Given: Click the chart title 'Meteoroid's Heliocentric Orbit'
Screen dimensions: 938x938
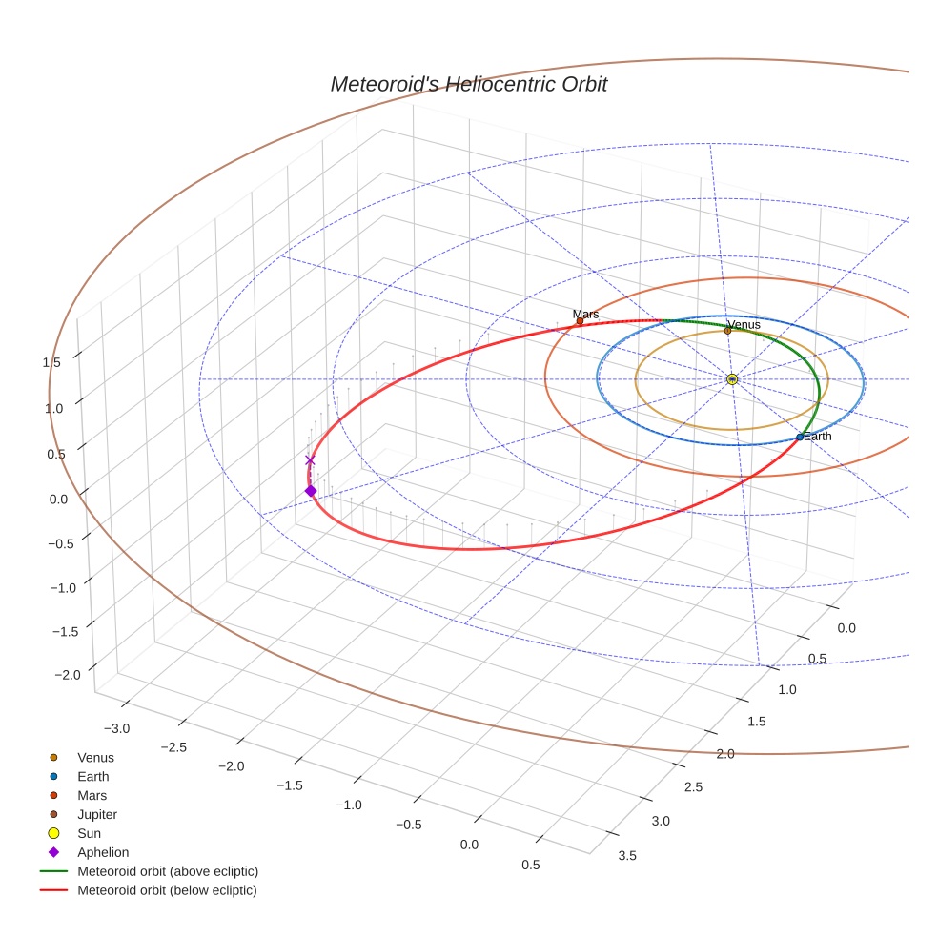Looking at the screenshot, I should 468,84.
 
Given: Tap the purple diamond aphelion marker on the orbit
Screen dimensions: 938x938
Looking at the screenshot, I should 310,491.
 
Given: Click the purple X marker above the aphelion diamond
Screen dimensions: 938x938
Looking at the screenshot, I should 310,460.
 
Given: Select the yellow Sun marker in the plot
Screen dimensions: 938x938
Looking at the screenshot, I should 732,379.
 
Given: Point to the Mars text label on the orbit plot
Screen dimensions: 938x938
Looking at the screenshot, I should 585,314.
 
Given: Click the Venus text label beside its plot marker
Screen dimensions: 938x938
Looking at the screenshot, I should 744,324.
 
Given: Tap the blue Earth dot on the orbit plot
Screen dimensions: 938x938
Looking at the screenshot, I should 800,438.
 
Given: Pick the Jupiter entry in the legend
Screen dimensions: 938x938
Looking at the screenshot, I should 96,814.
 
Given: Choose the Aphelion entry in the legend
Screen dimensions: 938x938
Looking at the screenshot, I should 102,852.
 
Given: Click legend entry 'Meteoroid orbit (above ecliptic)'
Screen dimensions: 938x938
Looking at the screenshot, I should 167,871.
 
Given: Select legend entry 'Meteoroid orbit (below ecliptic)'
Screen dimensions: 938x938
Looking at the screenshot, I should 167,890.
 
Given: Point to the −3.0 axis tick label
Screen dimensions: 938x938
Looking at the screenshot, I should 117,728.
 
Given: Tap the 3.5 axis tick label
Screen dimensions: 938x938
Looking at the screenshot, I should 627,855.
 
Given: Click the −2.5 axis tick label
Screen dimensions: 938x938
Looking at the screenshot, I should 173,747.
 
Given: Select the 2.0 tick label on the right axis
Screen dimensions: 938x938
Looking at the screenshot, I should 724,754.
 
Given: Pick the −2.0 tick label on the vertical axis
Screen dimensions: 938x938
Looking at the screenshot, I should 68,675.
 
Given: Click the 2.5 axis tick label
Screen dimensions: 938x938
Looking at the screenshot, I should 692,786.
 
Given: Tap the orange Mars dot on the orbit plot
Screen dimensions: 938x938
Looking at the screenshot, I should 580,321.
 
